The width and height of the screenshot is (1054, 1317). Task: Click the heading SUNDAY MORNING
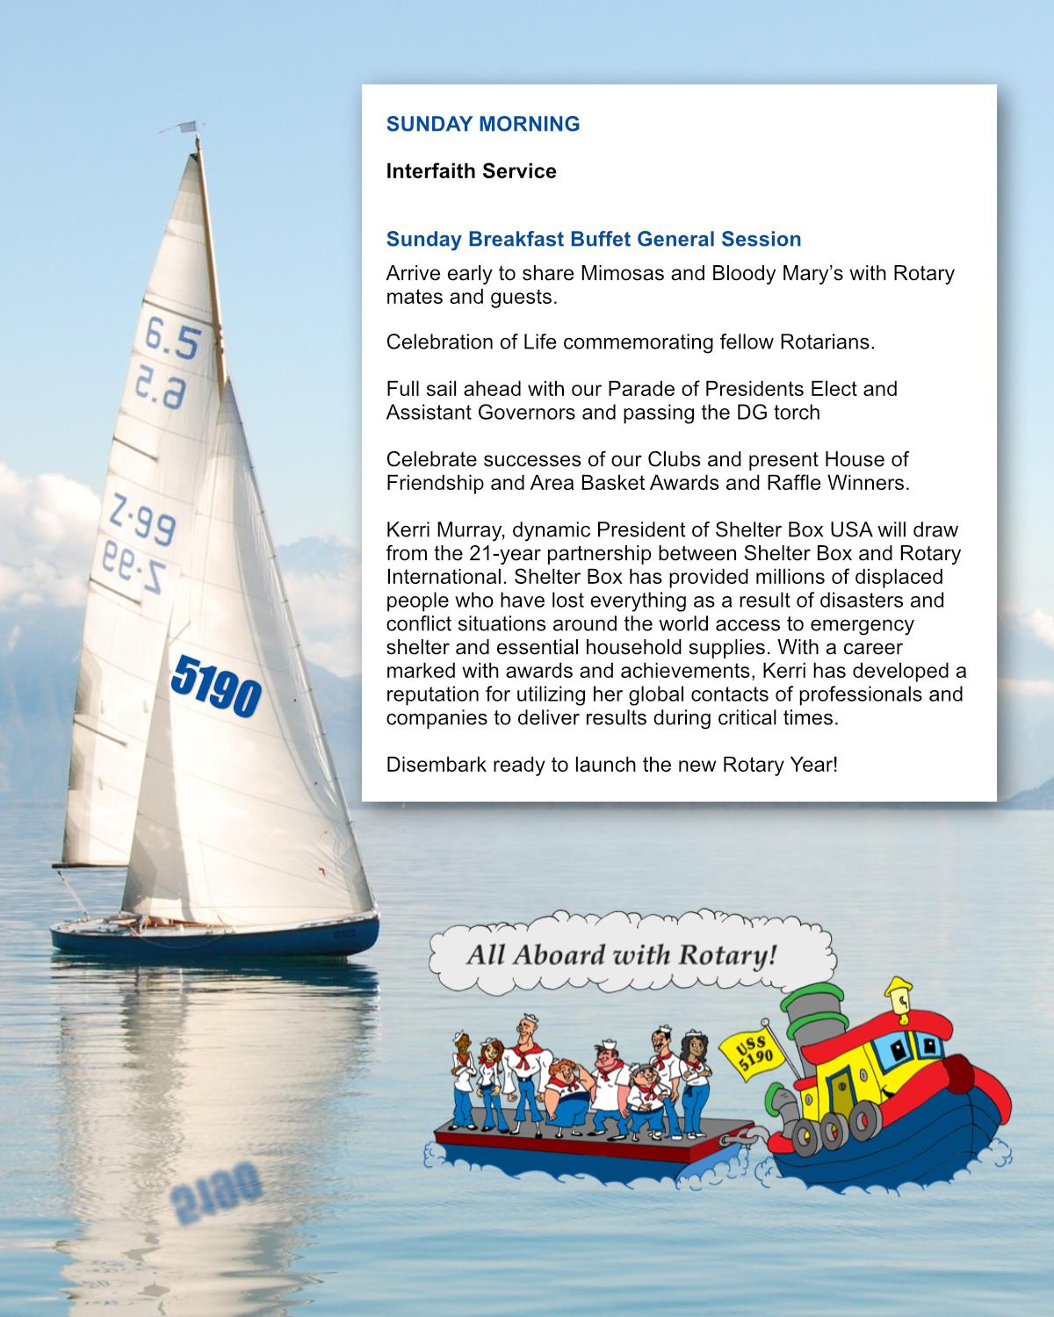[483, 124]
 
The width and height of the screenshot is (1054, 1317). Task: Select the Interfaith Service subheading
[471, 171]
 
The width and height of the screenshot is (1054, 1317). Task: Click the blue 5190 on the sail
[216, 684]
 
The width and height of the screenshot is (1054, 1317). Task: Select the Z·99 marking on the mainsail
[142, 519]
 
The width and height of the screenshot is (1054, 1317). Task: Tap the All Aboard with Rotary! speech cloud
[622, 954]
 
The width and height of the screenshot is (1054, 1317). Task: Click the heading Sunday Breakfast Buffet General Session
[594, 239]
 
